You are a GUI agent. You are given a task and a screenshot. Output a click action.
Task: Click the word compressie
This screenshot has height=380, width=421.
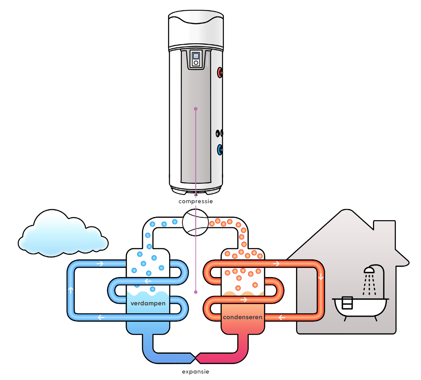(195, 202)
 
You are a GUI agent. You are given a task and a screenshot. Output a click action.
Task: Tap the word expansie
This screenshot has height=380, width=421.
(195, 372)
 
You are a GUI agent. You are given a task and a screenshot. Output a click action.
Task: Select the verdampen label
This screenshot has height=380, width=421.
(148, 303)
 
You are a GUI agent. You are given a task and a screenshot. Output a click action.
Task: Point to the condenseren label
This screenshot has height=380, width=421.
(242, 317)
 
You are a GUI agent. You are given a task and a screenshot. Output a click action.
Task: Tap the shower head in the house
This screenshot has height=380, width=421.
(369, 270)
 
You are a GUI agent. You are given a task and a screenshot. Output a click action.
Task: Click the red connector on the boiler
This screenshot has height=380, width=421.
(220, 73)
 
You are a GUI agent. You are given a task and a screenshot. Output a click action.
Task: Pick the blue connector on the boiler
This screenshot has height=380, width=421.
(220, 150)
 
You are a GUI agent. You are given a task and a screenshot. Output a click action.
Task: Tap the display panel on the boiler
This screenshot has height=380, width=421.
(196, 59)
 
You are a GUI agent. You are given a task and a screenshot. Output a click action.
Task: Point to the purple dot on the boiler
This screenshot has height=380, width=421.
(196, 109)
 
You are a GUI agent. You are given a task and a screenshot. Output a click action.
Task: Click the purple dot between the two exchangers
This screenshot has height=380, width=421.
(196, 292)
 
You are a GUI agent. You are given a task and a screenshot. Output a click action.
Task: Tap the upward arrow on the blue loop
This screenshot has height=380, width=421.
(71, 290)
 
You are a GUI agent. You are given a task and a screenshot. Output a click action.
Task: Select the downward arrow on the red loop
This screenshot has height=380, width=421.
(321, 277)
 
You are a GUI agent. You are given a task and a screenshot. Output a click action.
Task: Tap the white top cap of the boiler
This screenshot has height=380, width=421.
(195, 28)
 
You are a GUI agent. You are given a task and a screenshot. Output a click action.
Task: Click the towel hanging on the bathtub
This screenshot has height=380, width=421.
(347, 303)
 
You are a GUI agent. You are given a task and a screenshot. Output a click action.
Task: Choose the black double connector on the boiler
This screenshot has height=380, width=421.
(220, 133)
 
